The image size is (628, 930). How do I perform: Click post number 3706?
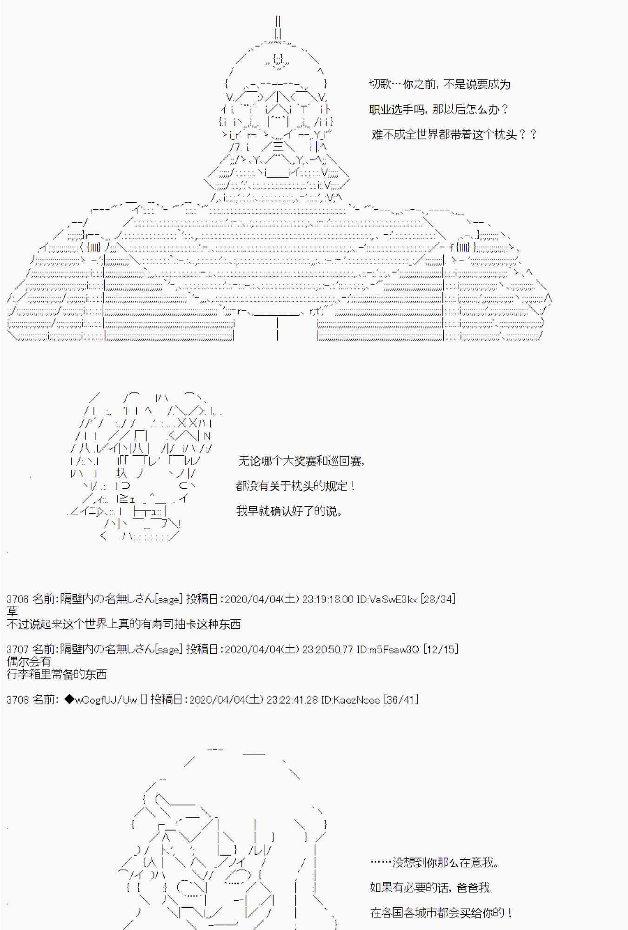[18, 599]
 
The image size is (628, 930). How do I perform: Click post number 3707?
[18, 649]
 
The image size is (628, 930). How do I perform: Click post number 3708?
[18, 699]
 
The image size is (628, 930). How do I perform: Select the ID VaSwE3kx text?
[387, 599]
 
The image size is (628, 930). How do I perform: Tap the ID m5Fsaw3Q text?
[388, 649]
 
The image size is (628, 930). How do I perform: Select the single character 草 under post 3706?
[12, 611]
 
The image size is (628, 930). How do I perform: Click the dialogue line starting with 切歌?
[439, 84]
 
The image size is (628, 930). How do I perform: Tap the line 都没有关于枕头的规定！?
[296, 486]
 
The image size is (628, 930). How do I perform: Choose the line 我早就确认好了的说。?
[289, 511]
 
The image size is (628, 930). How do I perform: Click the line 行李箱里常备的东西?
[56, 674]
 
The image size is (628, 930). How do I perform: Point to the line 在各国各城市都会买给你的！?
[441, 912]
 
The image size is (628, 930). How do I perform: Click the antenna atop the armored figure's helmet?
[278, 28]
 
